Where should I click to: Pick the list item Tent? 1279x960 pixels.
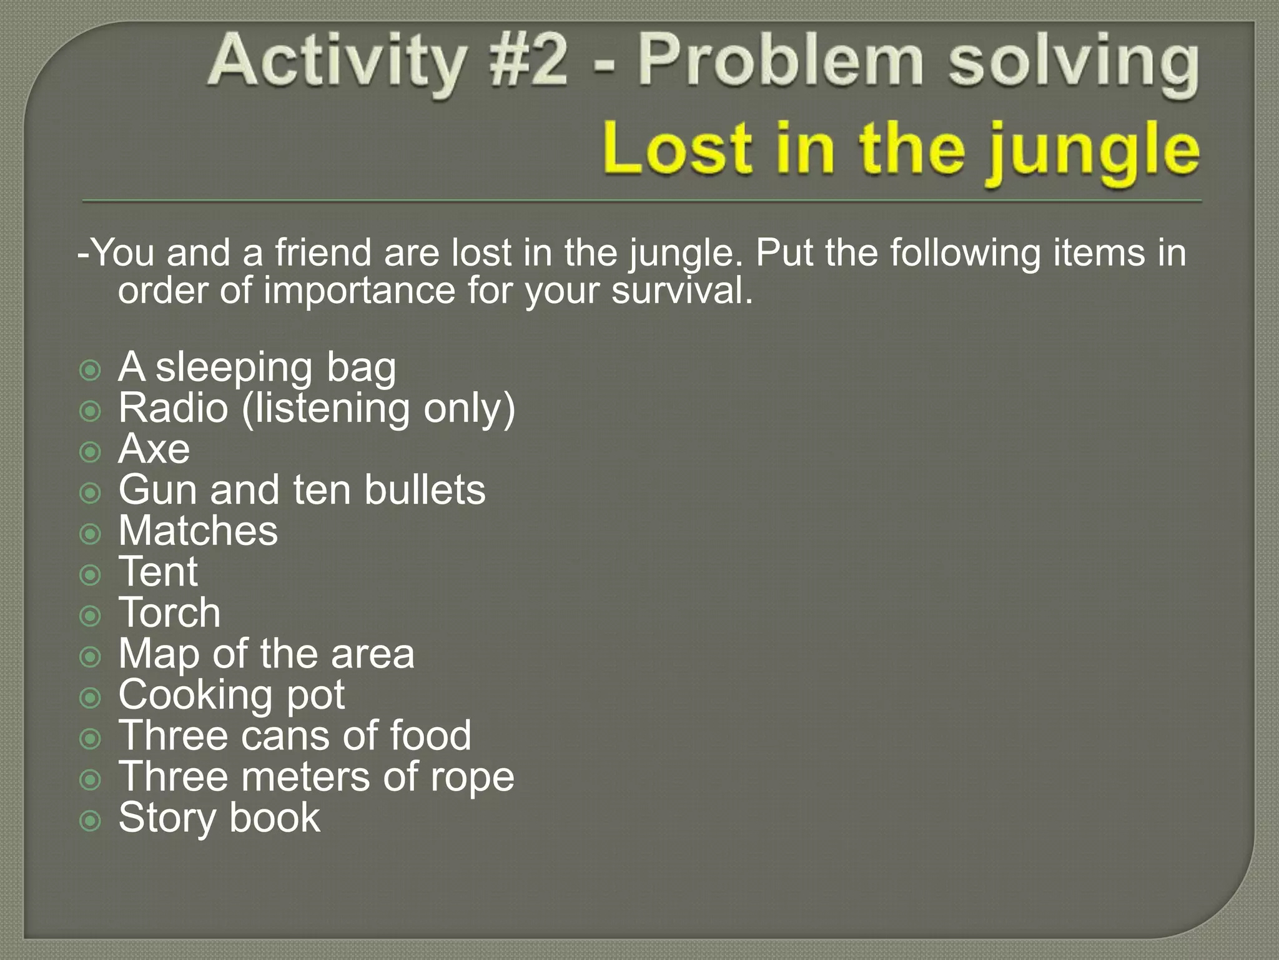(159, 572)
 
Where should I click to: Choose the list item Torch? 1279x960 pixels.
(169, 612)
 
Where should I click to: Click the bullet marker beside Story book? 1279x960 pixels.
(91, 820)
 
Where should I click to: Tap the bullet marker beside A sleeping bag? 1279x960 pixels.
(91, 370)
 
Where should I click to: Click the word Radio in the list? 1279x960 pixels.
(173, 408)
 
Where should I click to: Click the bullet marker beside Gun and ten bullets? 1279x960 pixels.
(91, 492)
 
